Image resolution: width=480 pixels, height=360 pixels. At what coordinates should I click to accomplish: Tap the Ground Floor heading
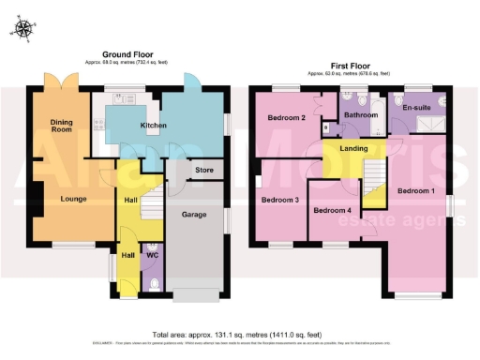129,55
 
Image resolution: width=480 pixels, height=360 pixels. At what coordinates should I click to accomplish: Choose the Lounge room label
61,199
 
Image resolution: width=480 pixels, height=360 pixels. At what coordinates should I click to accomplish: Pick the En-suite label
416,109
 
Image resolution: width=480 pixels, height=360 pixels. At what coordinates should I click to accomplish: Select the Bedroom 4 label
333,210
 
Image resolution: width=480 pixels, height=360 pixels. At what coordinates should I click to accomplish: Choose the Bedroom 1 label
416,192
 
